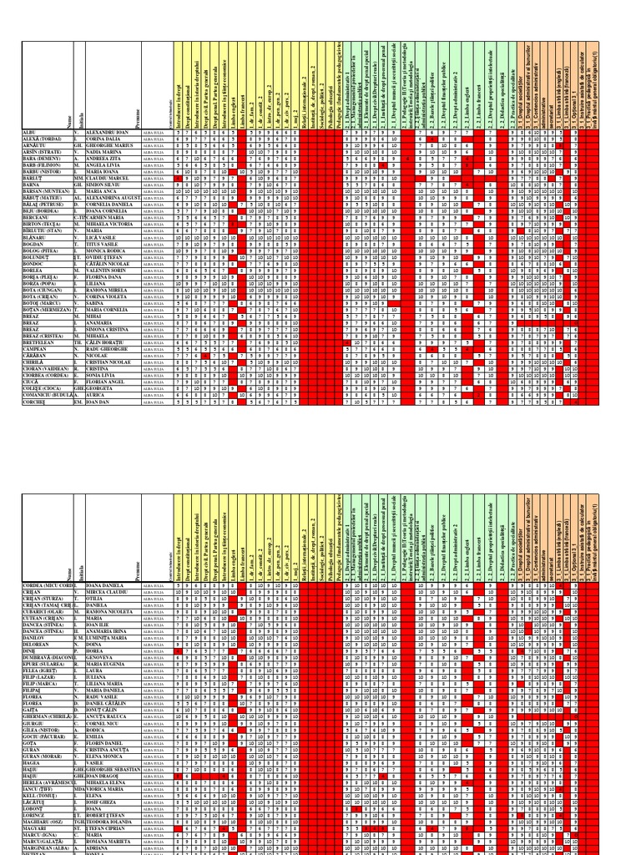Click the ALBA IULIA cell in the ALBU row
pos(155,132)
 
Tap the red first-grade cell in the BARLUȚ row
pos(175,178)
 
